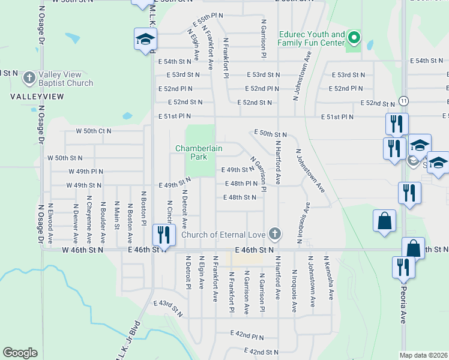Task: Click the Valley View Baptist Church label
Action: point(65,79)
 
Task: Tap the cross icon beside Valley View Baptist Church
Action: point(28,77)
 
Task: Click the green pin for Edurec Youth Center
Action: point(354,39)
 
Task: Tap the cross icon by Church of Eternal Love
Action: point(275,233)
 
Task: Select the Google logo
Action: point(20,353)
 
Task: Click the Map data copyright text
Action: point(424,355)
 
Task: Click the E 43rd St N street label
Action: point(169,308)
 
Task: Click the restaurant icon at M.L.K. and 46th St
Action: point(162,233)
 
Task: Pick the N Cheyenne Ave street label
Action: point(89,215)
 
